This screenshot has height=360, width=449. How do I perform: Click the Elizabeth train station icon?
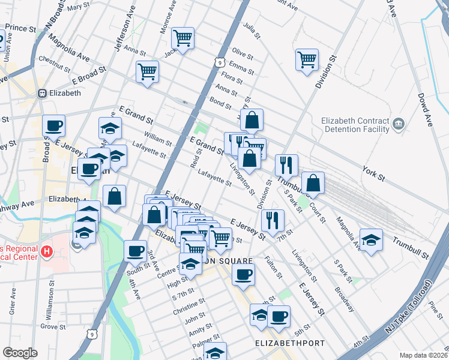point(43,94)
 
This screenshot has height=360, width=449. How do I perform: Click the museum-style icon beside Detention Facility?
point(398,125)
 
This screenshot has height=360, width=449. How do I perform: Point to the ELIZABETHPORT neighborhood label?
point(290,343)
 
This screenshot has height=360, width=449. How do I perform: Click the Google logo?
point(20,353)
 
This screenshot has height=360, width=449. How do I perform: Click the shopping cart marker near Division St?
point(307,59)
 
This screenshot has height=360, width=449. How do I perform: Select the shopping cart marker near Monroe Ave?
point(182,38)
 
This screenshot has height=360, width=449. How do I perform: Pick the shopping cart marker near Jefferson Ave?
point(147,71)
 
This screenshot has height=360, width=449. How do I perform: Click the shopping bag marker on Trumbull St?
point(313,182)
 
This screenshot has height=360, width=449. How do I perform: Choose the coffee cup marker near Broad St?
point(53,126)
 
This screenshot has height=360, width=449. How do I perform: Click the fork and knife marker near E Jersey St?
point(273,220)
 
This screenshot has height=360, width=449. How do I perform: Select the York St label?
point(373,173)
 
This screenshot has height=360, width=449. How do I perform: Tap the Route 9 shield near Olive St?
point(221,62)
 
